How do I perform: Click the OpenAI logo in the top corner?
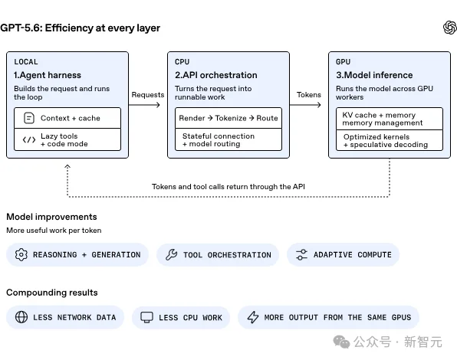point(449,28)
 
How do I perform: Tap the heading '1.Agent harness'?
point(48,75)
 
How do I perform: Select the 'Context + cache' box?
point(67,118)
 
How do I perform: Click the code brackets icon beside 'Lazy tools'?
point(29,140)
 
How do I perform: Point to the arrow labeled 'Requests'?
point(144,105)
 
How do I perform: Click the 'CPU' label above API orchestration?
point(182,62)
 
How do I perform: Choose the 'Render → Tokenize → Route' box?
point(228,118)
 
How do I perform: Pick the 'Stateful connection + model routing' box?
point(228,139)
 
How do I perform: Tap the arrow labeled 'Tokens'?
point(305,105)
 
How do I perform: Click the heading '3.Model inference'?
point(374,75)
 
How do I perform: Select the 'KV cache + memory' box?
point(390,119)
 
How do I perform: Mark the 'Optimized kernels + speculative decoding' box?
point(390,141)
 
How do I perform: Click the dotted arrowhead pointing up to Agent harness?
point(67,166)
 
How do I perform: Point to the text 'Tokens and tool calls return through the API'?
point(228,187)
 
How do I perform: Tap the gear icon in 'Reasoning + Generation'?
point(21,254)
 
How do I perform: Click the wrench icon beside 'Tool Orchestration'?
point(172,254)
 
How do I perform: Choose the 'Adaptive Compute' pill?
point(343,254)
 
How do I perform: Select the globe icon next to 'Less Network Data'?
point(21,317)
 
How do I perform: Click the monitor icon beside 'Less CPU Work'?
point(146,317)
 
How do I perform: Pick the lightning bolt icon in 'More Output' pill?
point(253,317)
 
